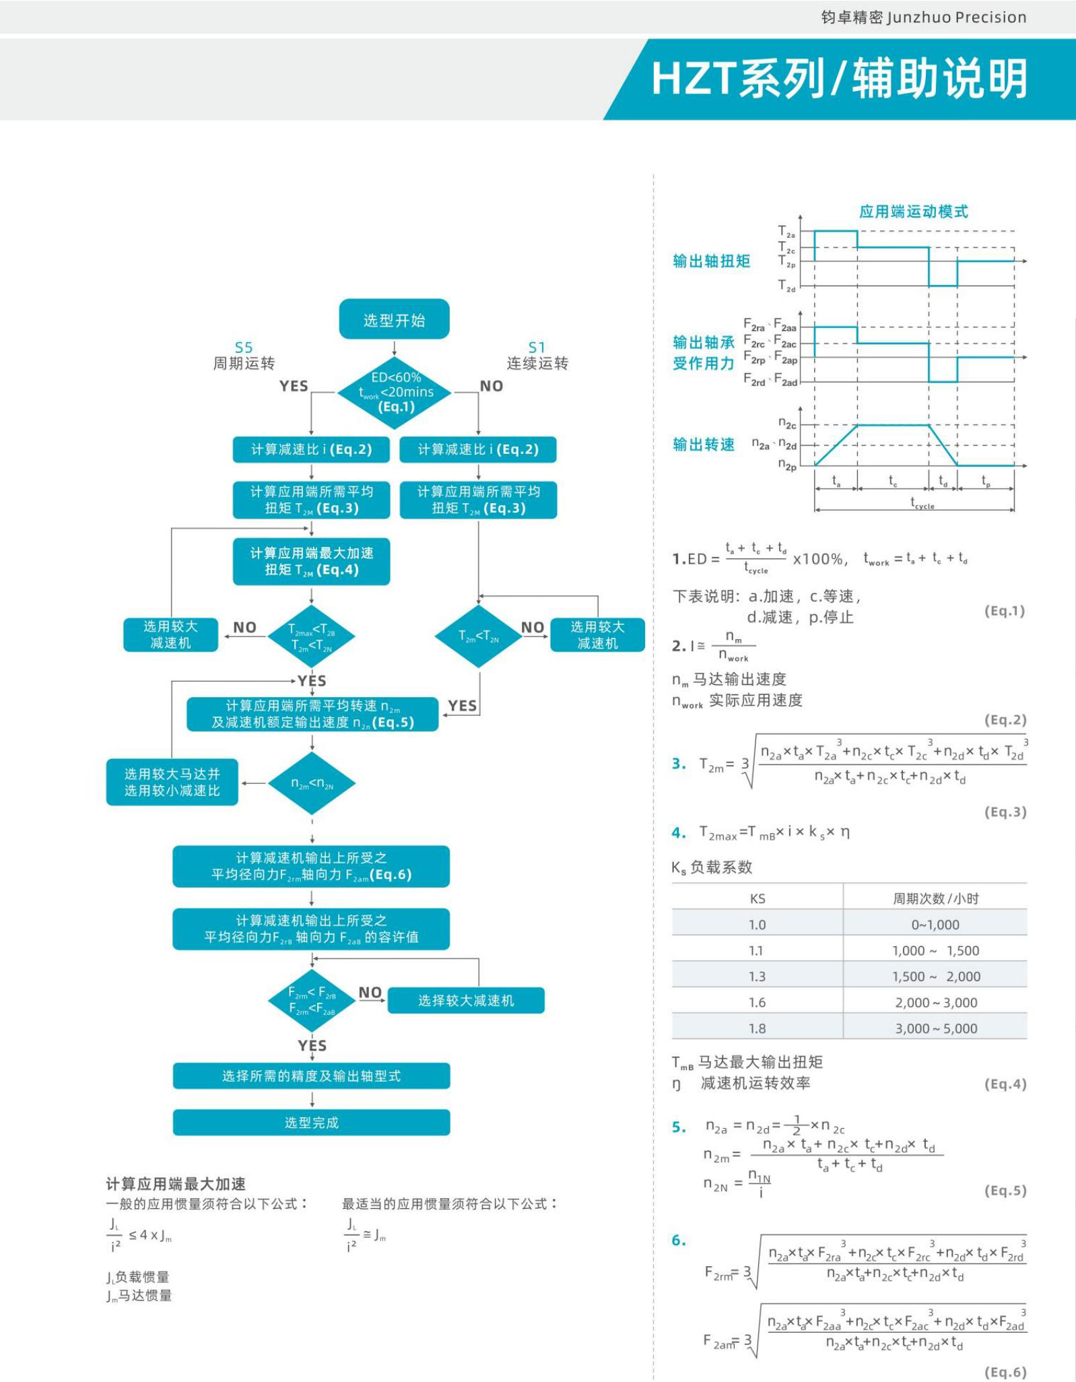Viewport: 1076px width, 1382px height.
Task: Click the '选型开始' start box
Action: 394,319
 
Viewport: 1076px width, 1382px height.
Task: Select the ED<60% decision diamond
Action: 395,392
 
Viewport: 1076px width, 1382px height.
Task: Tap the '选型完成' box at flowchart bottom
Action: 311,1122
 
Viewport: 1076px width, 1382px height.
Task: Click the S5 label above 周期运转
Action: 244,348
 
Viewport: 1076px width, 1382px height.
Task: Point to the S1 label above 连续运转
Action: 537,348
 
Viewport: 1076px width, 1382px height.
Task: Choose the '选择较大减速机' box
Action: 466,1000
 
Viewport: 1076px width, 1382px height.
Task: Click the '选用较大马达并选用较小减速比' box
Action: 172,782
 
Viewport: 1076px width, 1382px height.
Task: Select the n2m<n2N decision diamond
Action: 312,783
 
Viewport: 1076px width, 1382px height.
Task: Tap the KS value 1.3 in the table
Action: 757,976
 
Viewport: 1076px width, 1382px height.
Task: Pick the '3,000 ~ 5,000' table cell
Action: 936,1028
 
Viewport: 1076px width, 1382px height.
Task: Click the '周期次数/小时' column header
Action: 936,898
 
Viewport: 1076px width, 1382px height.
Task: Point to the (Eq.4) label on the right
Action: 1005,1084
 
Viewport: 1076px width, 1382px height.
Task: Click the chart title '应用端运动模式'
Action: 913,211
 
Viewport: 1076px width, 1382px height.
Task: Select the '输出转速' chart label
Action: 704,445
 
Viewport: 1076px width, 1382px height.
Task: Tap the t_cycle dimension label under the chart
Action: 922,503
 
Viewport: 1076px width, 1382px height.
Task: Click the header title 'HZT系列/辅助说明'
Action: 839,79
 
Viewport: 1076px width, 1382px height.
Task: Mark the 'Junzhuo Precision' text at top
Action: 956,18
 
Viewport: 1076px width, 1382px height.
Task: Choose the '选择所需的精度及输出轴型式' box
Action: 311,1076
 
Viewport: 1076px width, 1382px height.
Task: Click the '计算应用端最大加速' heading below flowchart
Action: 176,1183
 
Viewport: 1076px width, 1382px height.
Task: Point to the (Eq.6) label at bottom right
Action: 1005,1372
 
